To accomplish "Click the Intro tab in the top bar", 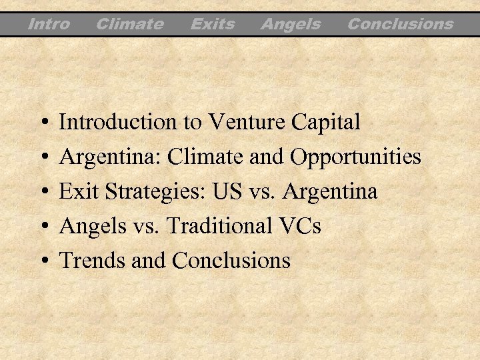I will (49, 25).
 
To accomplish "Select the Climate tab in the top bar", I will (129, 25).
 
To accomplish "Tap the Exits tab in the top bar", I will (213, 25).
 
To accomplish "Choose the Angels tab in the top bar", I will (291, 25).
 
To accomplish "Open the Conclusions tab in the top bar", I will (400, 25).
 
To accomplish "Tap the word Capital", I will (327, 123).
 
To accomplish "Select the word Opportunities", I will (355, 157).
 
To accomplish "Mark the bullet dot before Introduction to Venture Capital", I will (43, 123).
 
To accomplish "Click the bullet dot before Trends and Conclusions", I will (43, 261).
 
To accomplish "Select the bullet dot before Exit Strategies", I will (43, 192).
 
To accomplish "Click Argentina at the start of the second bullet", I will (111, 157).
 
